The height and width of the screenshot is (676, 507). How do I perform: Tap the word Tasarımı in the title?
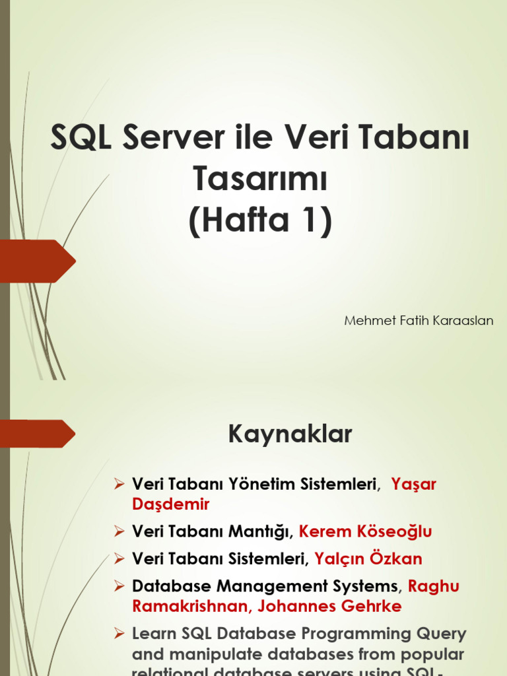click(259, 179)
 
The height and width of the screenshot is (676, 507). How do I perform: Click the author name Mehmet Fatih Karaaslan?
click(419, 321)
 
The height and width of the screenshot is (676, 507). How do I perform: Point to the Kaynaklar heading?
click(290, 435)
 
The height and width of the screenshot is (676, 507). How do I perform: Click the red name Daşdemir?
click(171, 504)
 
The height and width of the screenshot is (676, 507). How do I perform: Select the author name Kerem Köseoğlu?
click(366, 531)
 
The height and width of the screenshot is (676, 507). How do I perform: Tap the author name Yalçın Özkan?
click(368, 558)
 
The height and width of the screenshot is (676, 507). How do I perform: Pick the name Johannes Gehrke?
click(329, 606)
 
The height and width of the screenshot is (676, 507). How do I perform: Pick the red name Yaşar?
click(414, 484)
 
